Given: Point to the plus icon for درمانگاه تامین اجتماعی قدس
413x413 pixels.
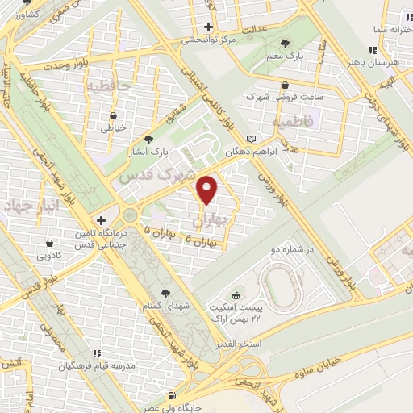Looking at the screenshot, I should click(x=101, y=219).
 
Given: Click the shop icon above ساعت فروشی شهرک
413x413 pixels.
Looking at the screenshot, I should click(x=286, y=85).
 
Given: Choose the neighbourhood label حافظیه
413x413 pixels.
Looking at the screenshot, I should click(x=109, y=85).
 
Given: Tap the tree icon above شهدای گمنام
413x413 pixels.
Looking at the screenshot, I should click(x=166, y=293).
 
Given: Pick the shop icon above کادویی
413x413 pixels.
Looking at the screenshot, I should click(x=50, y=241).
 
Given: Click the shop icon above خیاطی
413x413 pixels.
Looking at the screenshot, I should click(x=113, y=115).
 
